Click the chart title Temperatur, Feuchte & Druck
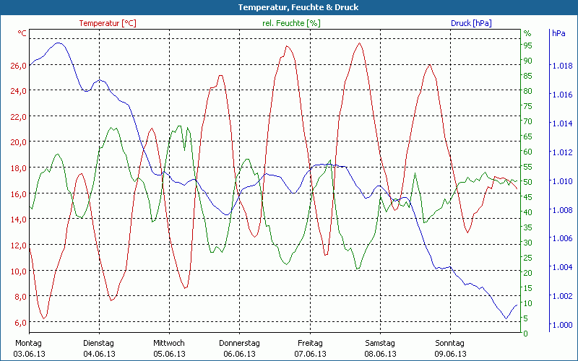[288, 7]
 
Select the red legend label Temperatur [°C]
[107, 23]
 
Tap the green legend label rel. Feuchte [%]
[291, 23]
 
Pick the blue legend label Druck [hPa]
[471, 23]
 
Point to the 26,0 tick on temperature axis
[18, 65]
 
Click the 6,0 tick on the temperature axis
[20, 322]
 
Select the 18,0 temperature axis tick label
[18, 168]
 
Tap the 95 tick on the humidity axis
[527, 45]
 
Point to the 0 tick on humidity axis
[525, 334]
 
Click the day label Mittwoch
[169, 343]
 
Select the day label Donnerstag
[239, 343]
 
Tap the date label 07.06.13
[310, 354]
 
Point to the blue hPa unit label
[558, 33]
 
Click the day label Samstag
[380, 343]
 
